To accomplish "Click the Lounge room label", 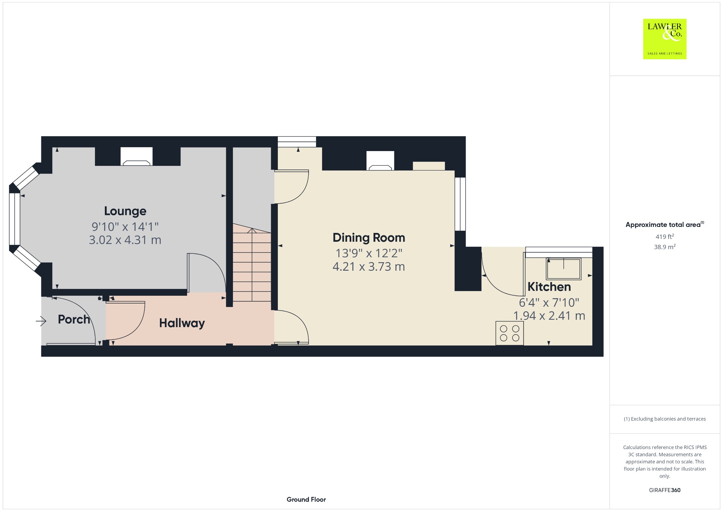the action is [x=125, y=211].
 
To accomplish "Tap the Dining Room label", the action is [x=369, y=238].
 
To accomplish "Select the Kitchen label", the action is [x=549, y=287].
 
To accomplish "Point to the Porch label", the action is [x=74, y=319].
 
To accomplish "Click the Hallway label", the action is [x=182, y=323].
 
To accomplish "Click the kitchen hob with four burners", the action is [x=509, y=333].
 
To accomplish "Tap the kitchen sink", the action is [x=563, y=268].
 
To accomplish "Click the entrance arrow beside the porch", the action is [x=41, y=321].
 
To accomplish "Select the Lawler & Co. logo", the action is [x=665, y=39].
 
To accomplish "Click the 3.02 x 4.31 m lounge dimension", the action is [x=125, y=240].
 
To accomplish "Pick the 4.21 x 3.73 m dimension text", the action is [x=369, y=266].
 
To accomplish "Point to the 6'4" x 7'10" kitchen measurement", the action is [x=549, y=302].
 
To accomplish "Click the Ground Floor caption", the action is [x=306, y=499].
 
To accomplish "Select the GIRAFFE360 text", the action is [x=665, y=490].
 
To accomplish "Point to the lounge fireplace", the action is [x=136, y=156].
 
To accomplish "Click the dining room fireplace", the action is [x=380, y=161].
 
